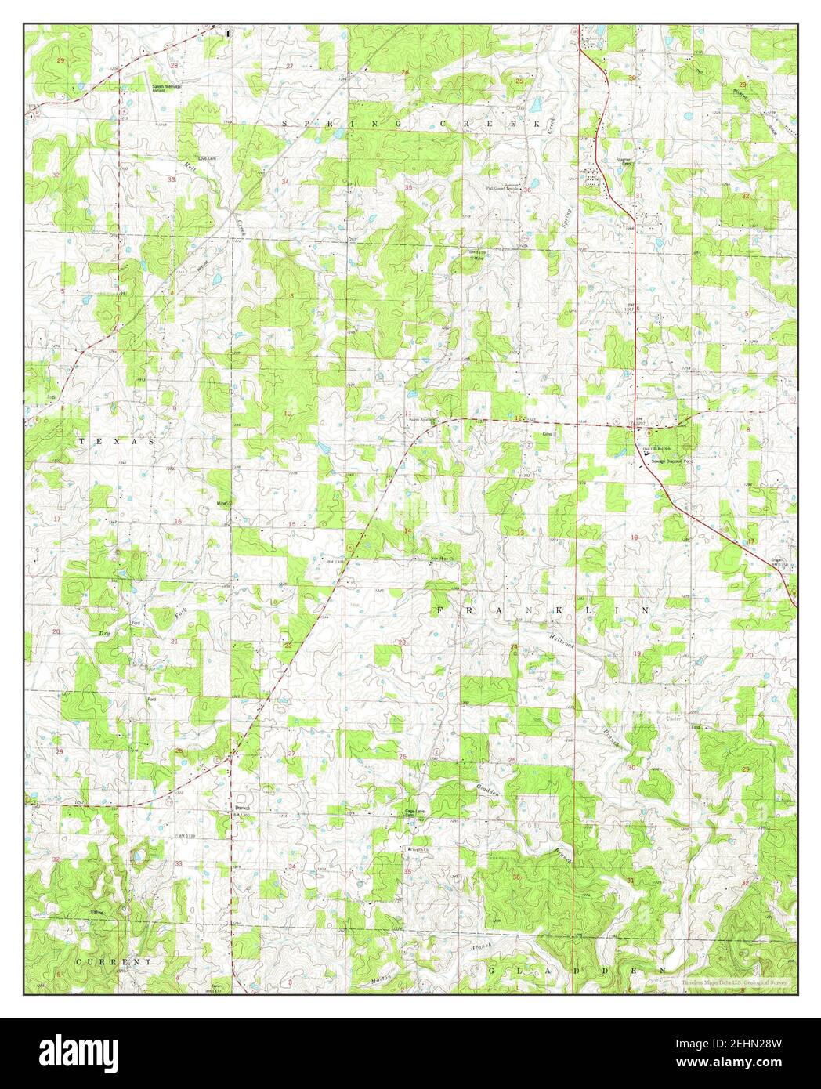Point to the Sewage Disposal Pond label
click(662, 462)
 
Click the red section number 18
click(635, 537)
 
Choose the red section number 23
click(403, 642)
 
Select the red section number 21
click(174, 642)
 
